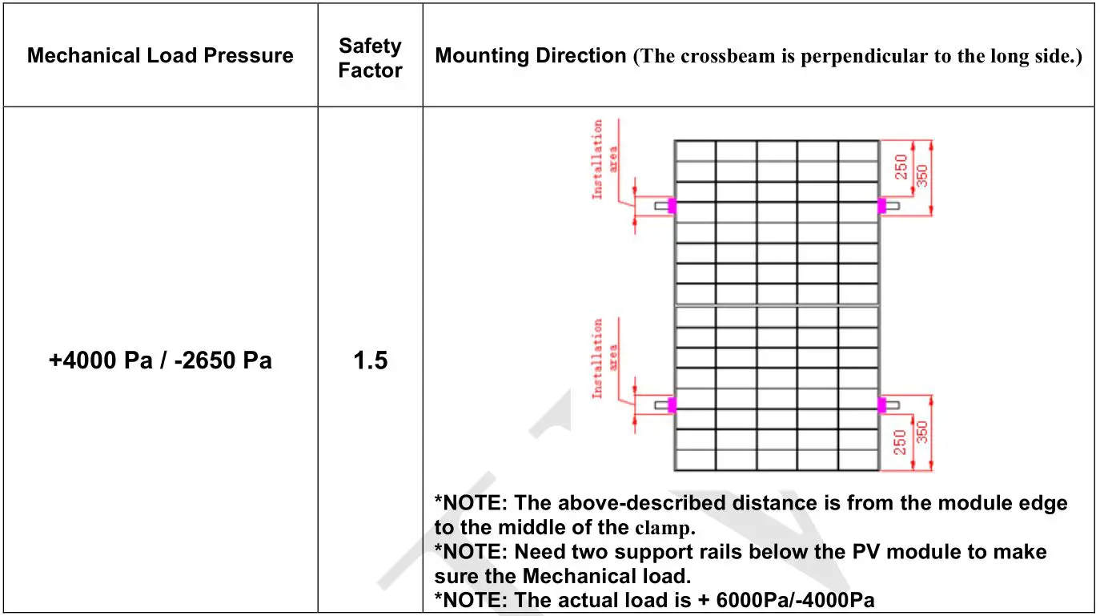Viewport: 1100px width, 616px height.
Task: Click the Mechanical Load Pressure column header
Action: (160, 56)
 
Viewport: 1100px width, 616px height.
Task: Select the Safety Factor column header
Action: (370, 58)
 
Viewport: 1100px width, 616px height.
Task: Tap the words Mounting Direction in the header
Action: (530, 56)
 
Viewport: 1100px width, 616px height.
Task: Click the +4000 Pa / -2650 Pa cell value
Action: (160, 360)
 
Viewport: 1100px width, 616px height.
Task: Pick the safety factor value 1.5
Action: (370, 360)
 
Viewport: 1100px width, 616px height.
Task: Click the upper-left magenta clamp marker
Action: (672, 205)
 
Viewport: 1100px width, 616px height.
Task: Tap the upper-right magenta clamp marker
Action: (881, 205)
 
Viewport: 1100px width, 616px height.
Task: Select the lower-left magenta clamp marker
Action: (672, 405)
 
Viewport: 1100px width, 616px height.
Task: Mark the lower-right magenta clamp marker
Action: (881, 405)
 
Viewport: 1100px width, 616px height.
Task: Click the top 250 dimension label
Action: (901, 167)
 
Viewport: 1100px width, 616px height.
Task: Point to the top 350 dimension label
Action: (922, 176)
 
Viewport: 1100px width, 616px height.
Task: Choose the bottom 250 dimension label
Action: (901, 442)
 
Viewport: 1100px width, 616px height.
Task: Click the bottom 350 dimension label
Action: (922, 433)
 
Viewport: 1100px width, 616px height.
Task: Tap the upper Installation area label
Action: (604, 159)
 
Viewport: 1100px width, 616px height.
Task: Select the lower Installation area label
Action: (604, 358)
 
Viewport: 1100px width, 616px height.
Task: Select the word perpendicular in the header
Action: (851, 57)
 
